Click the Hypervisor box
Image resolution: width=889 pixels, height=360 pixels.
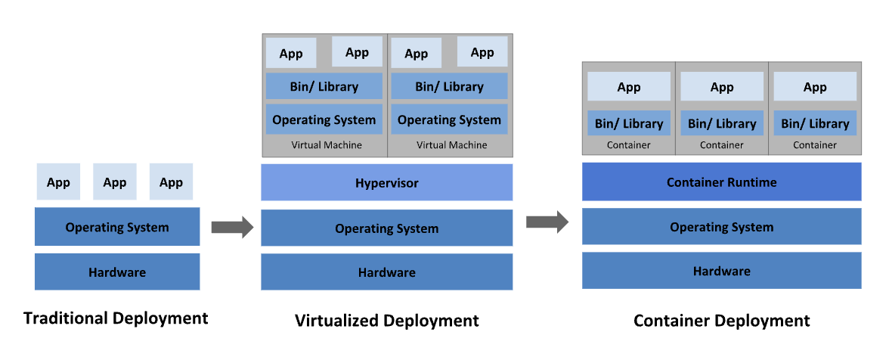tap(386, 183)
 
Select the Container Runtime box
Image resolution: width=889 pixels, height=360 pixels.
tap(721, 182)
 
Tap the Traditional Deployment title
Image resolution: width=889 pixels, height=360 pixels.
tap(116, 318)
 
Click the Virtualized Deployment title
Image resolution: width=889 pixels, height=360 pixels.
tap(386, 321)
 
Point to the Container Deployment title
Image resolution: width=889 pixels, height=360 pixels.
tap(721, 321)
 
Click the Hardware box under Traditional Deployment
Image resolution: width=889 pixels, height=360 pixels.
tap(117, 272)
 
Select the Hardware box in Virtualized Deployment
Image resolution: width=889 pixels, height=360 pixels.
tap(386, 272)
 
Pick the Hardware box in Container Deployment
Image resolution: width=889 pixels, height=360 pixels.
tap(721, 271)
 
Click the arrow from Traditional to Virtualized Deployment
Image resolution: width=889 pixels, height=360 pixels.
tap(231, 227)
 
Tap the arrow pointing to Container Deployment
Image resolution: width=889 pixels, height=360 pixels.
tap(547, 222)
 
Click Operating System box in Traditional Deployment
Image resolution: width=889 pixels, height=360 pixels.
tap(117, 227)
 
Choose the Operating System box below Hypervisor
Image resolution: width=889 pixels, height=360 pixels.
tap(386, 228)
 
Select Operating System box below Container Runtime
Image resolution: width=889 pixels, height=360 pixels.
tap(721, 227)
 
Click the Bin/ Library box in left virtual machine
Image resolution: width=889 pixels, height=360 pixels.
tap(324, 86)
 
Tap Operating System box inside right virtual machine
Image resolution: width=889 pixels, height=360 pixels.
tap(449, 119)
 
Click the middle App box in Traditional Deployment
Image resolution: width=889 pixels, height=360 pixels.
tap(115, 182)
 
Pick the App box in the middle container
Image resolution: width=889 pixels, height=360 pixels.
tap(722, 87)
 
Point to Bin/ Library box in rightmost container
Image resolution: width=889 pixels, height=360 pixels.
tap(815, 123)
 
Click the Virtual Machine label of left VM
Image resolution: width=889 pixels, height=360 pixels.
tap(327, 145)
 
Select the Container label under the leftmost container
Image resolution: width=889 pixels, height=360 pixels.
tap(628, 145)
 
